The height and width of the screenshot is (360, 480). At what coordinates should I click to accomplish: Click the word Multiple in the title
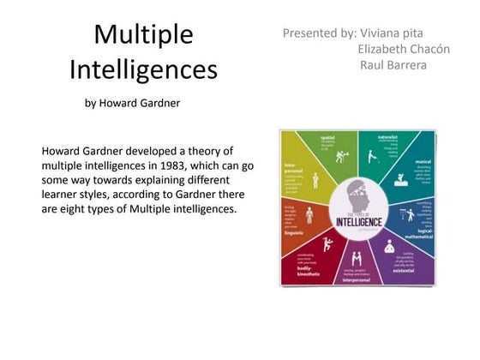pos(143,35)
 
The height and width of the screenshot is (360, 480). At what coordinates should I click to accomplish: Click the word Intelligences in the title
pos(143,69)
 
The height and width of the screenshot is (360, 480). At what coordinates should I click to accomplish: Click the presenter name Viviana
pos(387,33)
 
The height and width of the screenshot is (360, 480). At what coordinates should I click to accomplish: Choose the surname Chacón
pos(424,49)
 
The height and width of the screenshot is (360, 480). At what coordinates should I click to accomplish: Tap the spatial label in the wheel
pos(327,138)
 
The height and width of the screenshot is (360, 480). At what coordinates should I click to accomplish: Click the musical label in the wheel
pos(423,160)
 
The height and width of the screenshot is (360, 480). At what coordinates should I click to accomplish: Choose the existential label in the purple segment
pos(404,269)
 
